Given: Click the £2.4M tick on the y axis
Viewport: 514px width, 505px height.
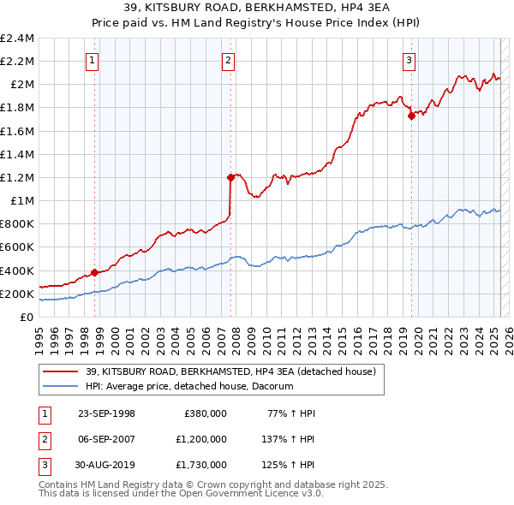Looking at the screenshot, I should click(17, 39).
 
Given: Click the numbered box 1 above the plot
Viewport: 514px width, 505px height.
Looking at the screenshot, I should click(92, 60).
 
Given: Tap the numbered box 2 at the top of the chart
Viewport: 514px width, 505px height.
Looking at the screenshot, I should click(229, 60).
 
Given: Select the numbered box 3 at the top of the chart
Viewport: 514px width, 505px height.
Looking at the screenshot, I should click(409, 60).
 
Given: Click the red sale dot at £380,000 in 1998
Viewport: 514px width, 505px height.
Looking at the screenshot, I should click(94, 272).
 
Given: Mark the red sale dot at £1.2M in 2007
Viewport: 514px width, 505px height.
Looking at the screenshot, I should click(230, 177).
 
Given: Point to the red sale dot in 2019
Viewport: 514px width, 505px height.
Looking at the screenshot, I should click(411, 116).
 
